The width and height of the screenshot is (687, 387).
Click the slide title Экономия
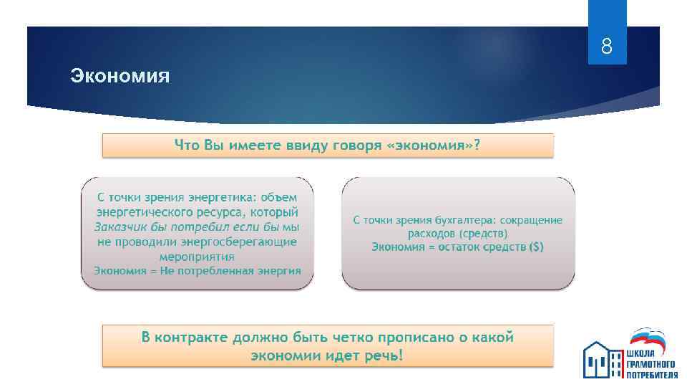click(x=120, y=75)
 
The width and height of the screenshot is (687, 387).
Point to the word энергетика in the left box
click(x=224, y=197)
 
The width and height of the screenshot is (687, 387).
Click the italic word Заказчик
click(x=120, y=227)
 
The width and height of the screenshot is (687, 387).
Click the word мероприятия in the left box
click(x=197, y=256)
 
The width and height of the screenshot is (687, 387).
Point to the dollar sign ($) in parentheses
click(x=535, y=247)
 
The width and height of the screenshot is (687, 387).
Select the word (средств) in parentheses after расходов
click(x=484, y=233)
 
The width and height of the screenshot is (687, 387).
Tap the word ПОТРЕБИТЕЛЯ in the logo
click(x=652, y=374)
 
